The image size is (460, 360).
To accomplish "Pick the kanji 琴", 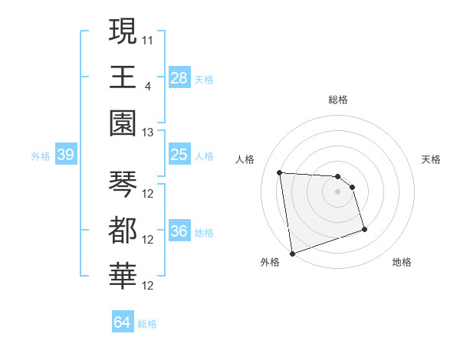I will coord(123,184).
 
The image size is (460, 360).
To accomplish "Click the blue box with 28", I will coord(179,78).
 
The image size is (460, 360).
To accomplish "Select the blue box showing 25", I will coord(179,155).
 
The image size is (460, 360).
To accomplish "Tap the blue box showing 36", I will coord(179,231).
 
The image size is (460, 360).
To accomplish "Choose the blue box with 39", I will coord(65,155).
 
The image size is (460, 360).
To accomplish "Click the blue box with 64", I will coord(122,322).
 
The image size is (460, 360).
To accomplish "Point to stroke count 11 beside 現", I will coord(148,38).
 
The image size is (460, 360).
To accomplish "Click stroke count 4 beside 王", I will coord(147,84).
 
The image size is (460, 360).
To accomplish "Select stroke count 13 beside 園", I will coord(148,132).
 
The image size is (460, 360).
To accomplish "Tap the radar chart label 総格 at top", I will coord(337,100).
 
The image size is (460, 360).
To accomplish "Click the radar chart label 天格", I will coord(431,159).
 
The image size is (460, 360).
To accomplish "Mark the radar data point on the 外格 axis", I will coord(291,254).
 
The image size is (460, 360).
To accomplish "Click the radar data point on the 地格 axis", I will coord(364,229).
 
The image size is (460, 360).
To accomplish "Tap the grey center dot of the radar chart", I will coord(337,191).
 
